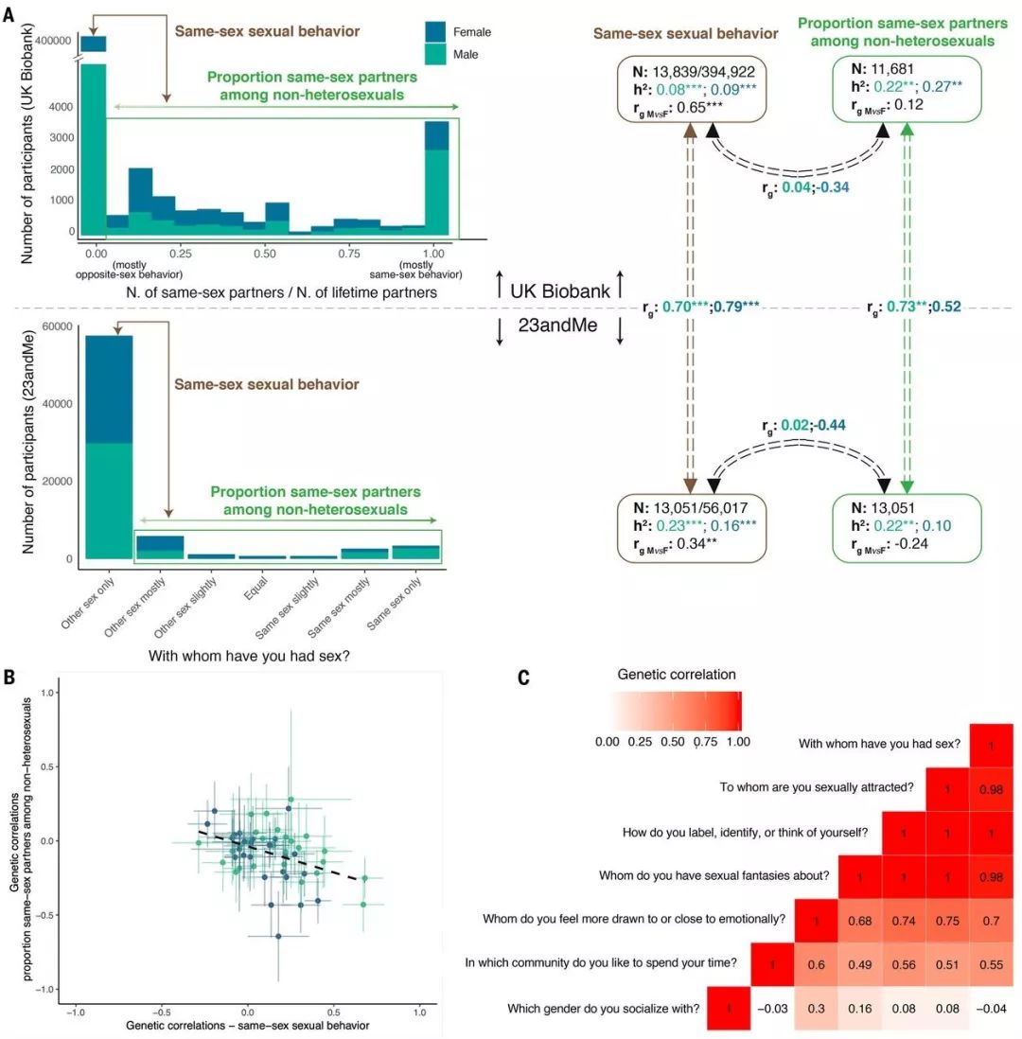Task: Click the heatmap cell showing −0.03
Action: click(772, 1008)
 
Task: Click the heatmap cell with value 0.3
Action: click(818, 1008)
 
